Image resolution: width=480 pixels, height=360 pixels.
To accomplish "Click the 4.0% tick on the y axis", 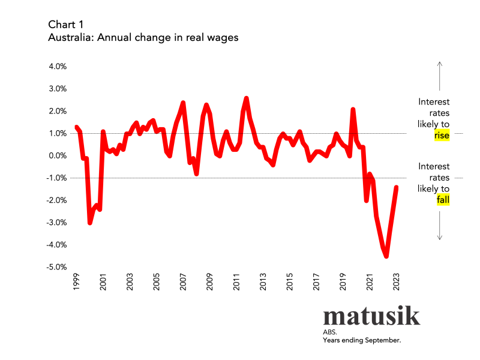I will coord(58,67).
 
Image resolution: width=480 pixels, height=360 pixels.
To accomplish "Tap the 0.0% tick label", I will coord(58,155).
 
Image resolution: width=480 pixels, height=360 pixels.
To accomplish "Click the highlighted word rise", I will coord(442,136).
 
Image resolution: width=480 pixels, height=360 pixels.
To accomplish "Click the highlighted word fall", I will coord(443,200).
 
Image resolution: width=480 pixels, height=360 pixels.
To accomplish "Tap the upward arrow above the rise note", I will coord(440,75).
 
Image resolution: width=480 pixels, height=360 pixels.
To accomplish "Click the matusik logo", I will coord(371,316).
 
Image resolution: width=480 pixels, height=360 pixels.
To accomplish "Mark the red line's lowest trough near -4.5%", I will coord(386,256).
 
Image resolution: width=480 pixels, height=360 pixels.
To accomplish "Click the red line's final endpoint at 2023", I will coord(397,187).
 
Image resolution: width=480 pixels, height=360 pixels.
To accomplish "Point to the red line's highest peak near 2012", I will coord(247,98).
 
